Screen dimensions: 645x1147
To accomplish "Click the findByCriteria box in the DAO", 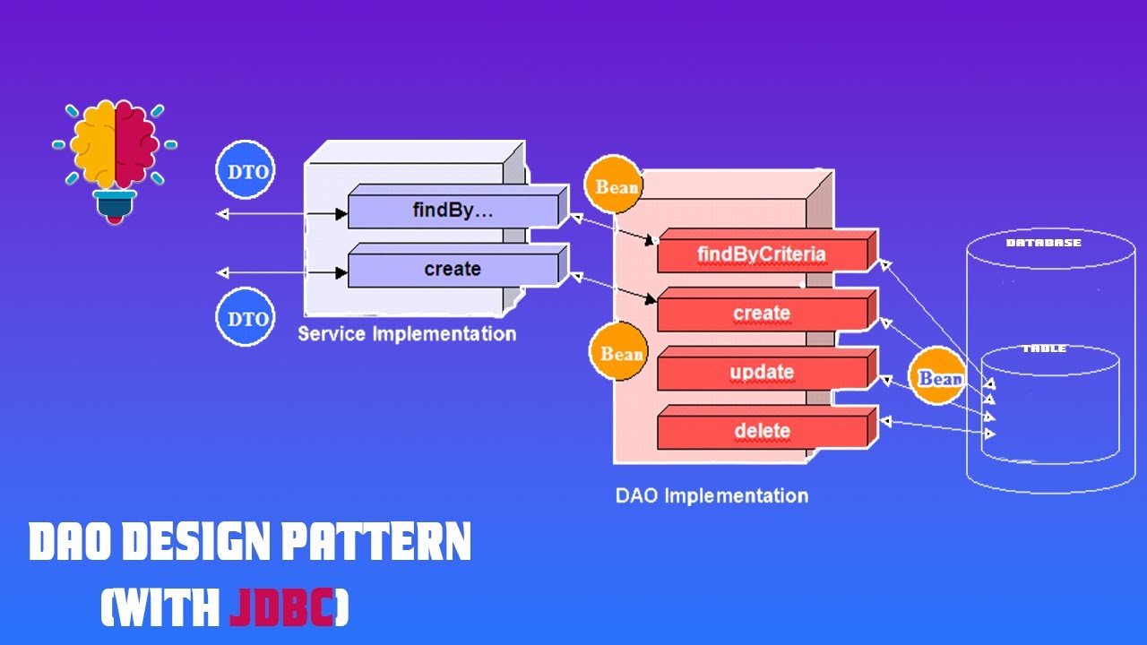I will (762, 254).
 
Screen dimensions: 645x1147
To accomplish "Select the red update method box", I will (762, 372).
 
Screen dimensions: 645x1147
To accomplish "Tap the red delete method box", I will (762, 431).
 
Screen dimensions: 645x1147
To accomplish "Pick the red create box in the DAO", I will (762, 314).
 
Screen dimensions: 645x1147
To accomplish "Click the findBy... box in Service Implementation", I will (453, 211).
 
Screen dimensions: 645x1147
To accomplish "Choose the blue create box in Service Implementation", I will (453, 270).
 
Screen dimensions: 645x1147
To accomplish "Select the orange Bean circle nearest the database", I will (938, 378).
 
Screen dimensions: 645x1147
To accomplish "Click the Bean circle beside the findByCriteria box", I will (617, 187).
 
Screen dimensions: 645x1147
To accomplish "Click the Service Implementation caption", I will (407, 334).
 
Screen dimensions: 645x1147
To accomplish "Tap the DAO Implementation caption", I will (711, 495).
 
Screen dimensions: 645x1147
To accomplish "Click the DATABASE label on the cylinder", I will (1043, 243).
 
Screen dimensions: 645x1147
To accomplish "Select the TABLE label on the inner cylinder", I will (1044, 348).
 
